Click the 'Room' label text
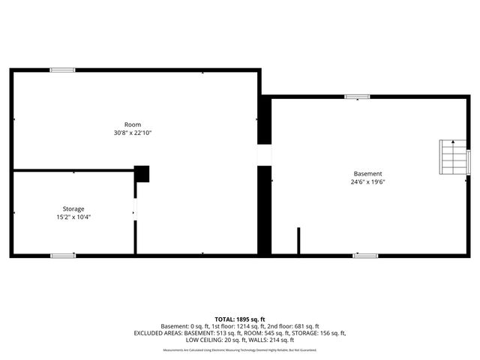coord(132,124)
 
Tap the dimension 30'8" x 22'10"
coord(132,133)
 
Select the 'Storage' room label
coord(73,208)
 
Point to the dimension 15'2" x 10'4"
coord(73,217)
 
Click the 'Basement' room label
coord(367,173)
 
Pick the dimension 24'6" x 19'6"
coord(367,181)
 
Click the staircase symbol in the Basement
coord(453,157)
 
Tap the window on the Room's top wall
coord(62,70)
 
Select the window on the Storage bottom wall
coord(62,256)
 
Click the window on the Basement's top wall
coord(357,96)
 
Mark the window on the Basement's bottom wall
coord(365,256)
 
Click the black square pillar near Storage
coord(142,173)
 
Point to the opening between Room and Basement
coord(264,155)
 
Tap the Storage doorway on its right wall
coord(135,209)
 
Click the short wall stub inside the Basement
coord(298,241)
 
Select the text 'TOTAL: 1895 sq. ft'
coord(240,319)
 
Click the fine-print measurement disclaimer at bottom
coord(240,350)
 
